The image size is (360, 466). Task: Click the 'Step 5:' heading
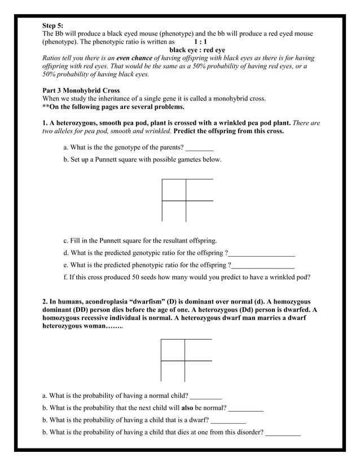pyautogui.click(x=53, y=25)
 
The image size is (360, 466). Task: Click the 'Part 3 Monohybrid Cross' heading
pyautogui.click(x=81, y=90)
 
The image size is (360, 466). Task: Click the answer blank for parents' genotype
pyautogui.click(x=199, y=148)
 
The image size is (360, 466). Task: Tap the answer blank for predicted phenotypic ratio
pyautogui.click(x=263, y=265)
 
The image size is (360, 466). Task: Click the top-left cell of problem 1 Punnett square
pyautogui.click(x=174, y=190)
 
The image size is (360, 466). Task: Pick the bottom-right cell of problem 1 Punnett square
pyautogui.click(x=199, y=211)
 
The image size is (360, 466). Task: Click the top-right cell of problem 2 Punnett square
pyautogui.click(x=197, y=350)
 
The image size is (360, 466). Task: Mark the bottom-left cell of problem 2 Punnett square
pyautogui.click(x=173, y=371)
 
